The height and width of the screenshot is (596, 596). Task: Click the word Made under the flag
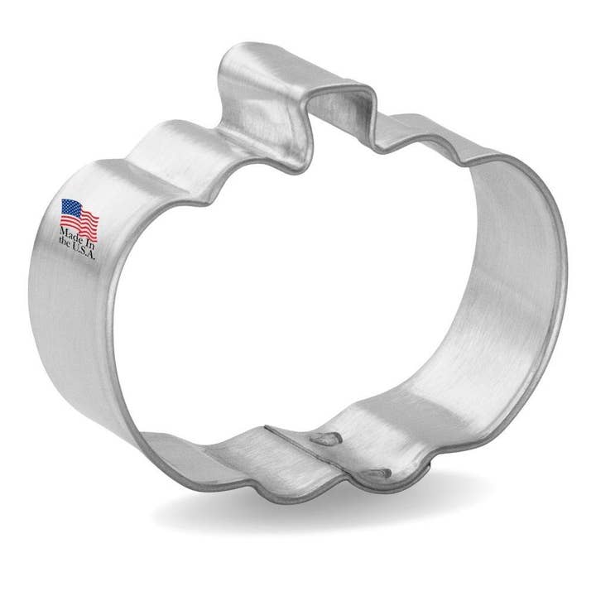click(70, 236)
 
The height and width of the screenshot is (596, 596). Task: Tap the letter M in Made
click(61, 233)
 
